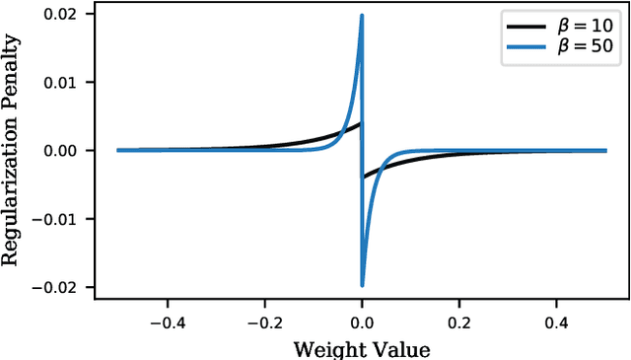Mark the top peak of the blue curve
pos(362,16)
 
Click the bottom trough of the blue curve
pos(362,285)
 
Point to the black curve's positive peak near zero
pos(360,123)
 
